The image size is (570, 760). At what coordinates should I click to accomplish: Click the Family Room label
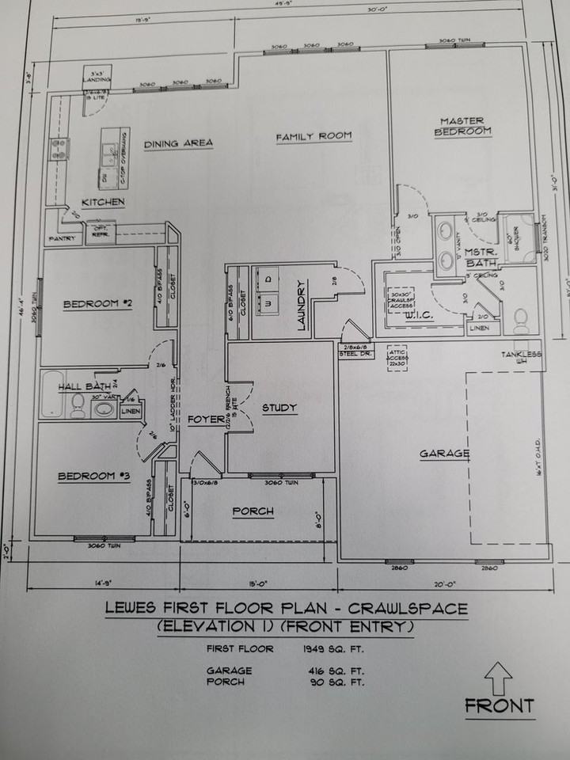click(x=313, y=137)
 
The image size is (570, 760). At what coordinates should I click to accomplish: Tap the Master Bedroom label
click(x=462, y=127)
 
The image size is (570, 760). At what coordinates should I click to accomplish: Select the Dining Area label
click(x=178, y=143)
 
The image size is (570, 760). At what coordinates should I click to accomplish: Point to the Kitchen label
click(x=103, y=203)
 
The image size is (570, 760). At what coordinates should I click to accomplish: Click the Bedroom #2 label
click(x=97, y=303)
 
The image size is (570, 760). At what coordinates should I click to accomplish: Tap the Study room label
click(x=279, y=408)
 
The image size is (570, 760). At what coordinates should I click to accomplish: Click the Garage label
click(x=445, y=454)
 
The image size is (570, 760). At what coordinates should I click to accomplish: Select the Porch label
click(x=253, y=511)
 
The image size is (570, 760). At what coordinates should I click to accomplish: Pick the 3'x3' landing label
click(x=98, y=78)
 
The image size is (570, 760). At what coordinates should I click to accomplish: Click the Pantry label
click(x=61, y=237)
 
